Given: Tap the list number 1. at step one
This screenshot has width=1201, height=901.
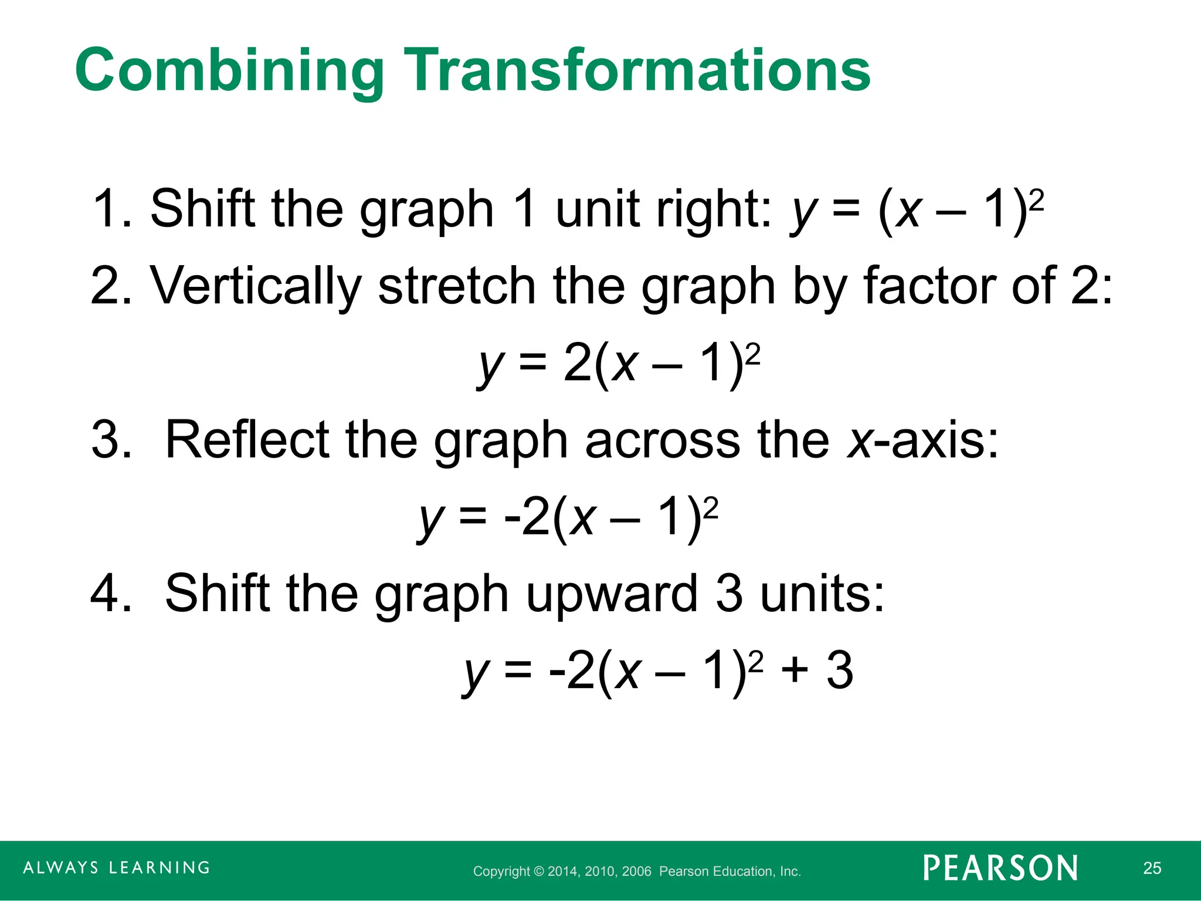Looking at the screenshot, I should coord(112,209).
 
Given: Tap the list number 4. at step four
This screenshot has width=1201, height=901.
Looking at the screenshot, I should coord(111,594).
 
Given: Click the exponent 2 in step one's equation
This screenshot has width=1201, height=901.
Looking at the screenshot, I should coord(1037,201).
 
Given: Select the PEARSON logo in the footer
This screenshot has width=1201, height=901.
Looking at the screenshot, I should coord(1000,868).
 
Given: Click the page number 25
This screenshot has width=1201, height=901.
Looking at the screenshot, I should coord(1152,868).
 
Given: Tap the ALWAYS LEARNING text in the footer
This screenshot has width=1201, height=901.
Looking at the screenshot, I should coord(116,868).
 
